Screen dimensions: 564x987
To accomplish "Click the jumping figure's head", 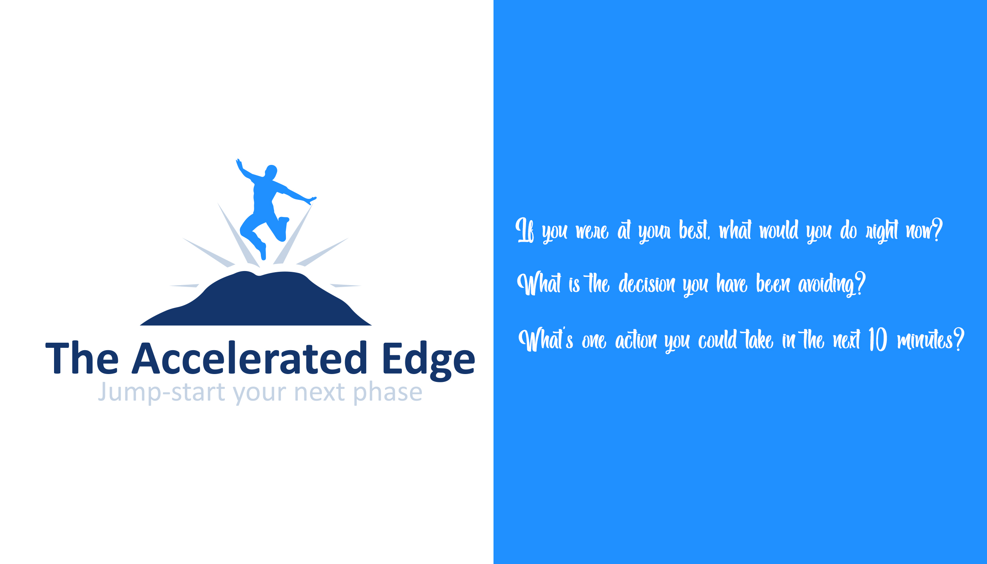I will tap(271, 171).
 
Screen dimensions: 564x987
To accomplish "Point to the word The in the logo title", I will tap(82, 358).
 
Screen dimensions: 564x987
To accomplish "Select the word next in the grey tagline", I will tap(320, 392).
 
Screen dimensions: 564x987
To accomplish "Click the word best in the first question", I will tap(694, 230).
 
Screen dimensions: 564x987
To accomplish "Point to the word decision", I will tap(647, 284).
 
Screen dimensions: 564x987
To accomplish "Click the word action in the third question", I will tap(636, 340).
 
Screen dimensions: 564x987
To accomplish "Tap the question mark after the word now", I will tap(937, 230).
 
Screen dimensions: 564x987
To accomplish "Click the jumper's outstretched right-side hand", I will tap(313, 200).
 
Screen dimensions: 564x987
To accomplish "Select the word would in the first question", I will tap(779, 230).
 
